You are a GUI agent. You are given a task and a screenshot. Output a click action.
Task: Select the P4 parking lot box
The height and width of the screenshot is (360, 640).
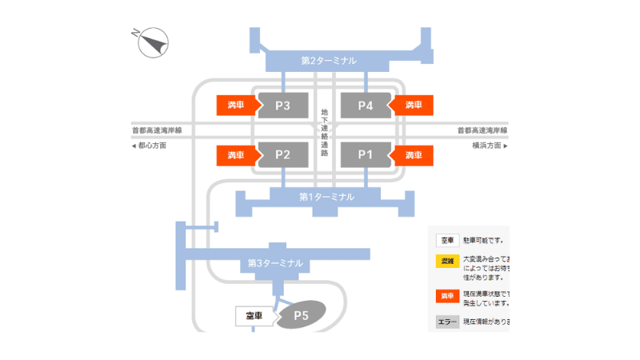(365, 105)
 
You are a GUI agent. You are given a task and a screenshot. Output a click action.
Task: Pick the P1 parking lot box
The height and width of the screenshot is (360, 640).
(365, 154)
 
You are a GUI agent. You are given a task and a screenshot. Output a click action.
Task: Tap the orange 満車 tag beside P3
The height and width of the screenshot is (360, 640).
(235, 105)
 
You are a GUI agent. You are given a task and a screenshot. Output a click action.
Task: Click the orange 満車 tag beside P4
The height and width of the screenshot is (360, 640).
(413, 105)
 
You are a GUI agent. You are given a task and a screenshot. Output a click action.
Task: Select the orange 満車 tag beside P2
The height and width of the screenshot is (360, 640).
(235, 154)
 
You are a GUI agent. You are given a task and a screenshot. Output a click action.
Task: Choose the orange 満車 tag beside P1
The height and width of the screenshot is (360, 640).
(413, 154)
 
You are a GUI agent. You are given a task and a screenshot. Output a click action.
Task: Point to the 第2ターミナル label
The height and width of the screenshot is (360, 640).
(328, 60)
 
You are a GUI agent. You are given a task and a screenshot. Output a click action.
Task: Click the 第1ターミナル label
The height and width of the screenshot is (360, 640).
(326, 196)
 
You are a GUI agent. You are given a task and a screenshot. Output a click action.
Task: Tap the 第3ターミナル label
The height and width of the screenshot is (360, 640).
(275, 262)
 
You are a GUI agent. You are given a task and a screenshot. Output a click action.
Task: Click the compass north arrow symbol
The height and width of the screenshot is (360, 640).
(154, 42)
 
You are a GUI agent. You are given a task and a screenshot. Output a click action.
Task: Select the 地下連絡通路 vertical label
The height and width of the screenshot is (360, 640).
(324, 132)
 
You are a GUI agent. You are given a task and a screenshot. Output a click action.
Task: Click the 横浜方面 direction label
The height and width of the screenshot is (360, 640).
(488, 146)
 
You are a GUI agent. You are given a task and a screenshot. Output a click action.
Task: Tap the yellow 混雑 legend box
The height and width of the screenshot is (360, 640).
(447, 261)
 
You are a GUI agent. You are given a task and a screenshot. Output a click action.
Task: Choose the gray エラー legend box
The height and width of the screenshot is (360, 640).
(447, 322)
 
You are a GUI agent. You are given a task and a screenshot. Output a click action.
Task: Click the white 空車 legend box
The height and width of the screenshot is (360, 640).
(447, 239)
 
